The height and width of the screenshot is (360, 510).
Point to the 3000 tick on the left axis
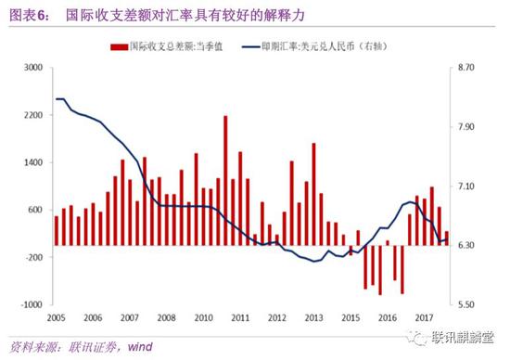(33, 69)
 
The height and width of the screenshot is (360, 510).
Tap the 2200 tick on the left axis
(33, 115)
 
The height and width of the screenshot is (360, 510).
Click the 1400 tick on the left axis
(33, 162)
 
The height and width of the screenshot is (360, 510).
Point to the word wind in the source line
(140, 347)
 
